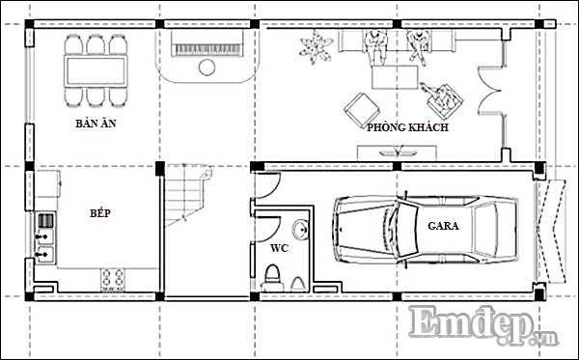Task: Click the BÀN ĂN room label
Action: pos(96,123)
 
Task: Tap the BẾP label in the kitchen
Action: pos(100,212)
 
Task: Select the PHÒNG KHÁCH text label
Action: pos(407,127)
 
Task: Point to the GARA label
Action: pos(443,226)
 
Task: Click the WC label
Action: pos(279,248)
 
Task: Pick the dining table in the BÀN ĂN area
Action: pos(96,70)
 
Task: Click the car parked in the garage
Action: pos(425,230)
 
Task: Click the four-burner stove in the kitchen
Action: pos(113,278)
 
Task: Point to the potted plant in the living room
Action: pos(316,47)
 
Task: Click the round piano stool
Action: pos(207,68)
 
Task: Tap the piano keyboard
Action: pos(207,50)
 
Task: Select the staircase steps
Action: pos(184,196)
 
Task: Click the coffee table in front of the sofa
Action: pos(395,77)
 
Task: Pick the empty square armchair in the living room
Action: pos(362,110)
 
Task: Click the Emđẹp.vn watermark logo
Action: pos(482,326)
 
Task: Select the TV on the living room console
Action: pos(398,152)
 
